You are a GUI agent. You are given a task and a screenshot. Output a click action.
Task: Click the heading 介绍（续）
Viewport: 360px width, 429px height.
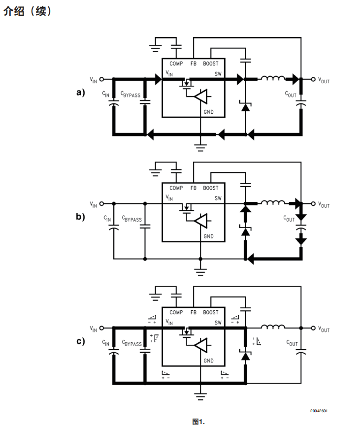tap(28, 11)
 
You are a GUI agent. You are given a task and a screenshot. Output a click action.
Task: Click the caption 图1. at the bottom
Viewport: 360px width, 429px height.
tap(198, 421)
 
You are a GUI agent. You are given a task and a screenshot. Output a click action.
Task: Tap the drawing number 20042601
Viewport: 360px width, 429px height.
tap(319, 411)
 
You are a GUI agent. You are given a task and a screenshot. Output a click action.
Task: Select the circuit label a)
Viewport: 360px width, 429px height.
tap(80, 92)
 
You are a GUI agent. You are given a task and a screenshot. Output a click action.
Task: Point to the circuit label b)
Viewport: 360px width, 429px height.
tap(80, 216)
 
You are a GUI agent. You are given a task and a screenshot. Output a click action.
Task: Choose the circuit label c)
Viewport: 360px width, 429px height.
tap(80, 341)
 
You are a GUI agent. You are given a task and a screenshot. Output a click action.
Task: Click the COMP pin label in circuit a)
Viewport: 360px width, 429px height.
tap(176, 64)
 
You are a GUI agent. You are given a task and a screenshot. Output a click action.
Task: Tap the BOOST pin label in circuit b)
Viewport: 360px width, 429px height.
tap(211, 188)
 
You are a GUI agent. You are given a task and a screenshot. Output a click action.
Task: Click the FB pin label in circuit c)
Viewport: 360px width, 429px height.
tap(194, 312)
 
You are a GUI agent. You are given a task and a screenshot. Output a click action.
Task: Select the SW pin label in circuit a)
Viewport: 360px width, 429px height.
tap(218, 73)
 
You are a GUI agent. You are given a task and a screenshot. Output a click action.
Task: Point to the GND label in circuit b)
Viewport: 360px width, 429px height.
tap(208, 236)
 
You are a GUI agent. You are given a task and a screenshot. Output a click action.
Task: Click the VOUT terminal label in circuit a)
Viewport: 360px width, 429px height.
tap(324, 80)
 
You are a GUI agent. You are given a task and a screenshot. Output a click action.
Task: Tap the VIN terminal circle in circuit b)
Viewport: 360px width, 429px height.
tap(102, 203)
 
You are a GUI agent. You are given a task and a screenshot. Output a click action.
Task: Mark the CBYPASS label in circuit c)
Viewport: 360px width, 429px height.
tap(132, 343)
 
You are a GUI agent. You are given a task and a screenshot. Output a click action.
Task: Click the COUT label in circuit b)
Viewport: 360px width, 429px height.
tap(289, 219)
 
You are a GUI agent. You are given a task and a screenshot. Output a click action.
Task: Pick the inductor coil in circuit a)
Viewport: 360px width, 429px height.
tap(273, 78)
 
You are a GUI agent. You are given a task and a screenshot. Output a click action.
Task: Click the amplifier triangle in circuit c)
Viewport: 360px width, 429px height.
tap(201, 345)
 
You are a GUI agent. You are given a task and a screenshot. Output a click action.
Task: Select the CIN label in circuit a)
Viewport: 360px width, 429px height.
tap(105, 94)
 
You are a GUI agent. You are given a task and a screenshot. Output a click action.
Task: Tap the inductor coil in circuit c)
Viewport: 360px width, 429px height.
tap(273, 327)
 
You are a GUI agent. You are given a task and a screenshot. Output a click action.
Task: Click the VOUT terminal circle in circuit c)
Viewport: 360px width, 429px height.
tap(313, 328)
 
